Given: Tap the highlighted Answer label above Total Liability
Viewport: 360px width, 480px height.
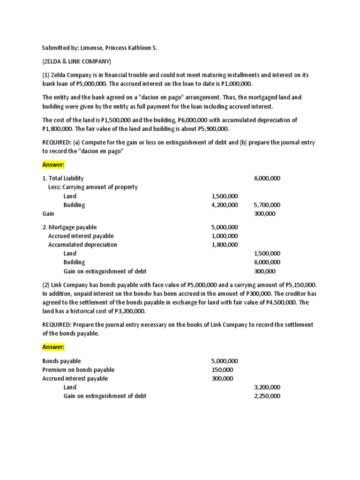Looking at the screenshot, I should (53, 165).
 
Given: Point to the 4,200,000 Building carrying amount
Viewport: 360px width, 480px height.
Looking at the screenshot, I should (225, 205).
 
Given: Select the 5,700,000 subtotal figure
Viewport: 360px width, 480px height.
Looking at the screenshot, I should (267, 205).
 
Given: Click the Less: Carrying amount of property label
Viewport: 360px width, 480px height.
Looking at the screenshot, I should (93, 187).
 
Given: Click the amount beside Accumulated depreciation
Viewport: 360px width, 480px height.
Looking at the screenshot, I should (225, 245).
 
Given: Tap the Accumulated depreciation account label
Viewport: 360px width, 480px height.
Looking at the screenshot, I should (82, 245).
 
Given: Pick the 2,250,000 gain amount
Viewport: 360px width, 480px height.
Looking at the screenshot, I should (267, 396).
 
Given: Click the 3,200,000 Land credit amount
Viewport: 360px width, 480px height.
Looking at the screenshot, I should (267, 387).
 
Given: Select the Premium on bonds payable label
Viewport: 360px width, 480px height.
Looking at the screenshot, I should (78, 370).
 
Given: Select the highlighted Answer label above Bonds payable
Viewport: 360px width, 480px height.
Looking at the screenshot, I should (53, 347).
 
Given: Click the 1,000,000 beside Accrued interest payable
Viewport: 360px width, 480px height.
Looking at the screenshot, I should (225, 236).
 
